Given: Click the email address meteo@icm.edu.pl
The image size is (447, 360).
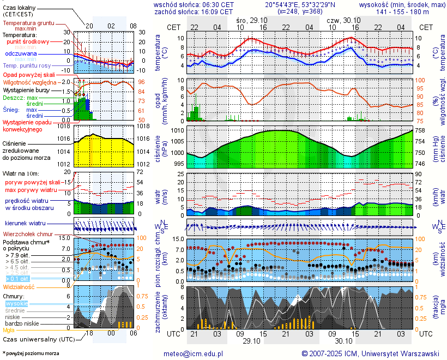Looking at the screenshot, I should pos(194,353).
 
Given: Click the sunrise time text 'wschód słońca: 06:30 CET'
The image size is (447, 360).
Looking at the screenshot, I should pos(194,4).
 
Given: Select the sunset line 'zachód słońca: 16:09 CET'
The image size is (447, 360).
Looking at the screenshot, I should pos(194,11).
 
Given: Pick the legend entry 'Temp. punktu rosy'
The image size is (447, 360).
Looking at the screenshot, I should pos(27,65).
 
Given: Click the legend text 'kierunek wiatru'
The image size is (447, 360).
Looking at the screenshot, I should pos(25,224).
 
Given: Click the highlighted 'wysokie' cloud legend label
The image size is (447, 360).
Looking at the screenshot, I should pos(16,303).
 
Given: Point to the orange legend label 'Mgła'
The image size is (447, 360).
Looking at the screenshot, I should pos(9,330).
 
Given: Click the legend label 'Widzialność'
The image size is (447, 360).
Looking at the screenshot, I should pos(19,286).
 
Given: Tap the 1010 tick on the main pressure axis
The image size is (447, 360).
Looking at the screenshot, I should pos(177,131).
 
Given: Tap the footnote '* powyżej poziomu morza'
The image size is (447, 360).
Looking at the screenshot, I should pos(31,353).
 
